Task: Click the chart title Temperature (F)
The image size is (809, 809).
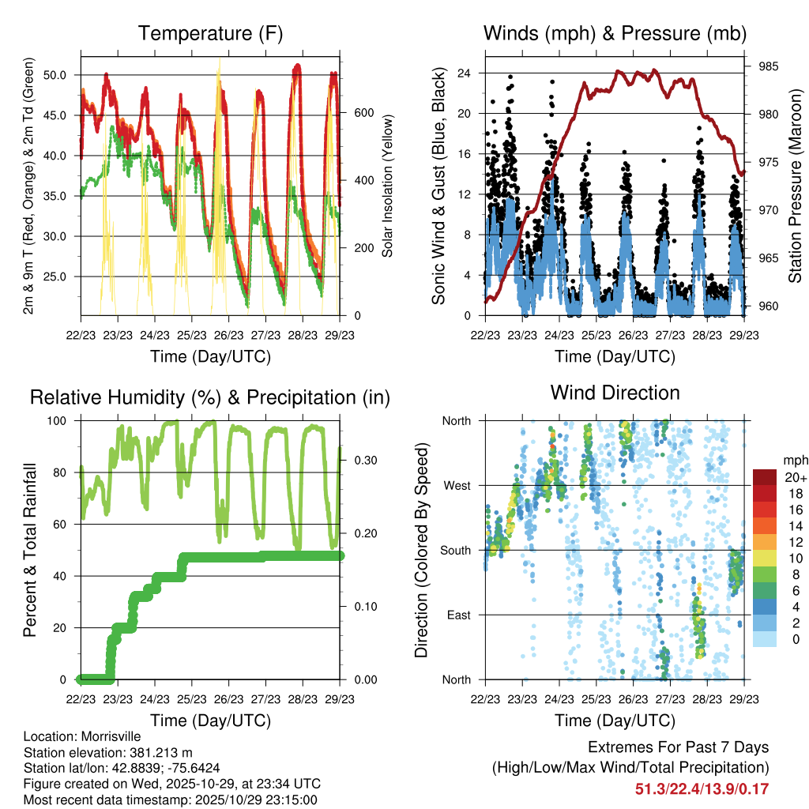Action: tap(210, 33)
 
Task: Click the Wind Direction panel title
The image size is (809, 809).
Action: tap(615, 392)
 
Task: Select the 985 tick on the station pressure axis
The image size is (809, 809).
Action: tap(768, 66)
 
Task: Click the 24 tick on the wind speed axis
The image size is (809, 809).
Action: tap(465, 73)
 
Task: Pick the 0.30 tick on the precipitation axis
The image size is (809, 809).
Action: tap(363, 460)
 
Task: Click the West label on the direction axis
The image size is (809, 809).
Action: tap(456, 486)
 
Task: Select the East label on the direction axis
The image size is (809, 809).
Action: tap(457, 615)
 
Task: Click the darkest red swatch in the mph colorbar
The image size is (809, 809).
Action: tap(764, 477)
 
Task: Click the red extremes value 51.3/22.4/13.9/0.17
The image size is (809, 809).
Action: tap(702, 788)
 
